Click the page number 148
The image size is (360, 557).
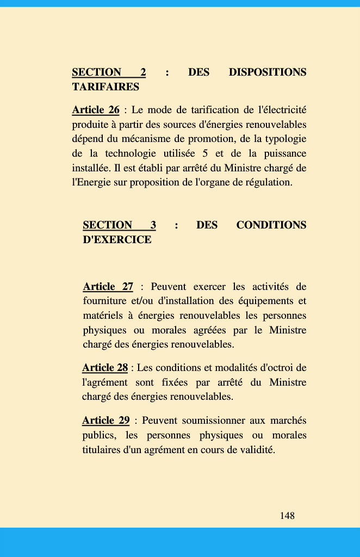tap(287, 516)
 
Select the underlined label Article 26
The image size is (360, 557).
tap(96, 110)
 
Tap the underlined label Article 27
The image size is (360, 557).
tap(108, 287)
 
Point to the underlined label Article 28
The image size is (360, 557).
tap(105, 368)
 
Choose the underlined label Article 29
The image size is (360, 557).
tap(105, 420)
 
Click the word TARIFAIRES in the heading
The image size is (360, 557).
tap(105, 87)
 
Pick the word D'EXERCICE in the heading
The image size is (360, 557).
tap(117, 240)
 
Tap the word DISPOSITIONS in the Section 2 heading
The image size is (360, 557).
tap(268, 72)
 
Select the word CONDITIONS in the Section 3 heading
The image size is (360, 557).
tap(271, 225)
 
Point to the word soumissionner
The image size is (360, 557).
tap(210, 420)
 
